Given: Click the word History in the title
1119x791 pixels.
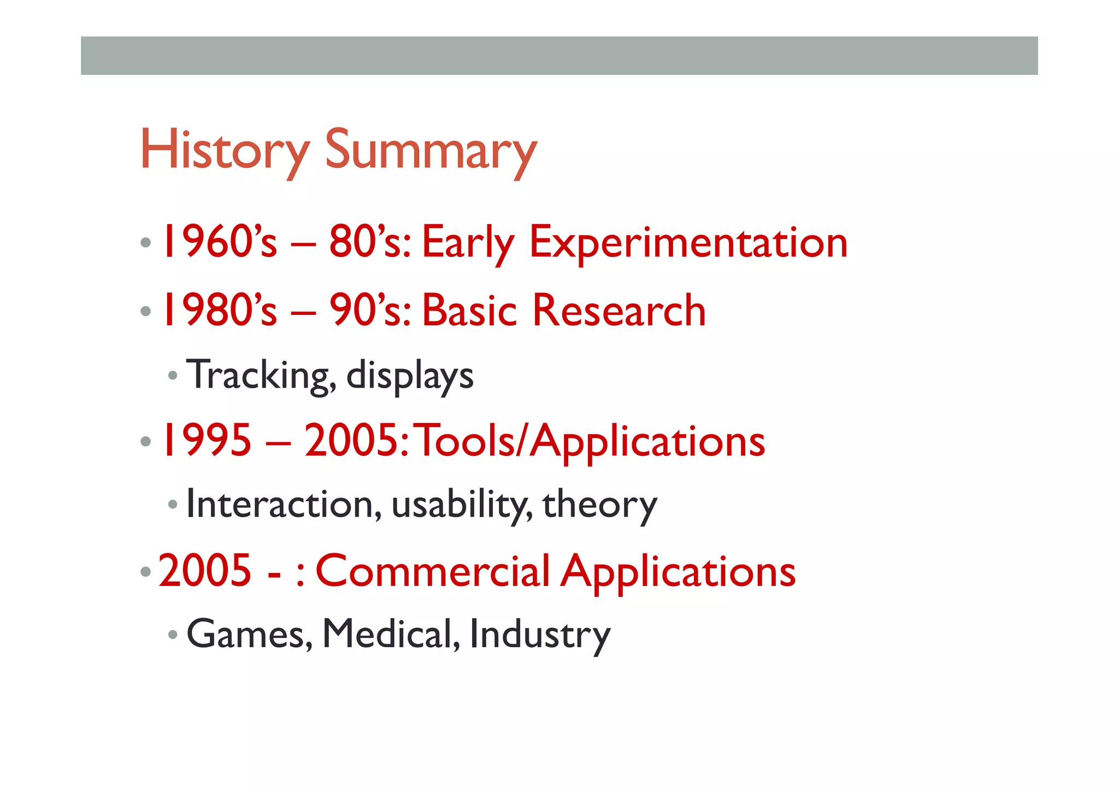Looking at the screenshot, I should click(x=225, y=150).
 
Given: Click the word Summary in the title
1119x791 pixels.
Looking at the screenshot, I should click(x=431, y=151).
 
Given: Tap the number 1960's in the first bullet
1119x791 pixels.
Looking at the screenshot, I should click(x=219, y=242).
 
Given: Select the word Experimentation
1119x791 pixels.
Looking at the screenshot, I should click(x=688, y=243).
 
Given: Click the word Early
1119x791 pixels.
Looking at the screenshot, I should click(x=468, y=243).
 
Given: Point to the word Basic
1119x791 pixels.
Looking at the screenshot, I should click(x=469, y=310).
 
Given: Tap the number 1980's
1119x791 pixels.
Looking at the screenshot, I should click(x=219, y=310).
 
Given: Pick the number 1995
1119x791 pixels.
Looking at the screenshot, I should click(x=206, y=441).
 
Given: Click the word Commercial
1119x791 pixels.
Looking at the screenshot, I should click(x=433, y=571).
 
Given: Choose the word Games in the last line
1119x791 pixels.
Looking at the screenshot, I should click(x=249, y=634).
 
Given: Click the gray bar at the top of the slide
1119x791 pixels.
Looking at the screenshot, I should click(x=559, y=56).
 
